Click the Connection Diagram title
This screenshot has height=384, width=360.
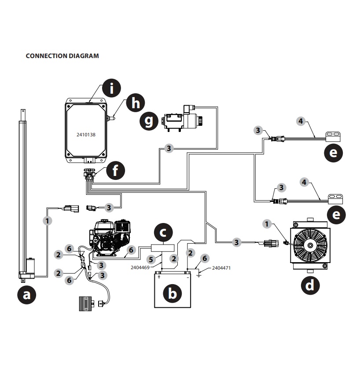[x=62, y=56]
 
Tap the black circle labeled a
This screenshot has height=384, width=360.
[x=27, y=295]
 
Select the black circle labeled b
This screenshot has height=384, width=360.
[x=173, y=293]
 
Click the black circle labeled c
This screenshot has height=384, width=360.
[x=162, y=232]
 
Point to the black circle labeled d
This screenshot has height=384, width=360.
[x=310, y=285]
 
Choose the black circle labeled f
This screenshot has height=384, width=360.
[x=115, y=170]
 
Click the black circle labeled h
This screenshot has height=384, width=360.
[x=136, y=103]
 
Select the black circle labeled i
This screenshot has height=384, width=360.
[x=111, y=89]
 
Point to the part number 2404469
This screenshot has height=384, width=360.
[x=140, y=267]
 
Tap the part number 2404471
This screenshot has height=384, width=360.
[x=221, y=267]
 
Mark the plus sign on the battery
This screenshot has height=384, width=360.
[x=159, y=277]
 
